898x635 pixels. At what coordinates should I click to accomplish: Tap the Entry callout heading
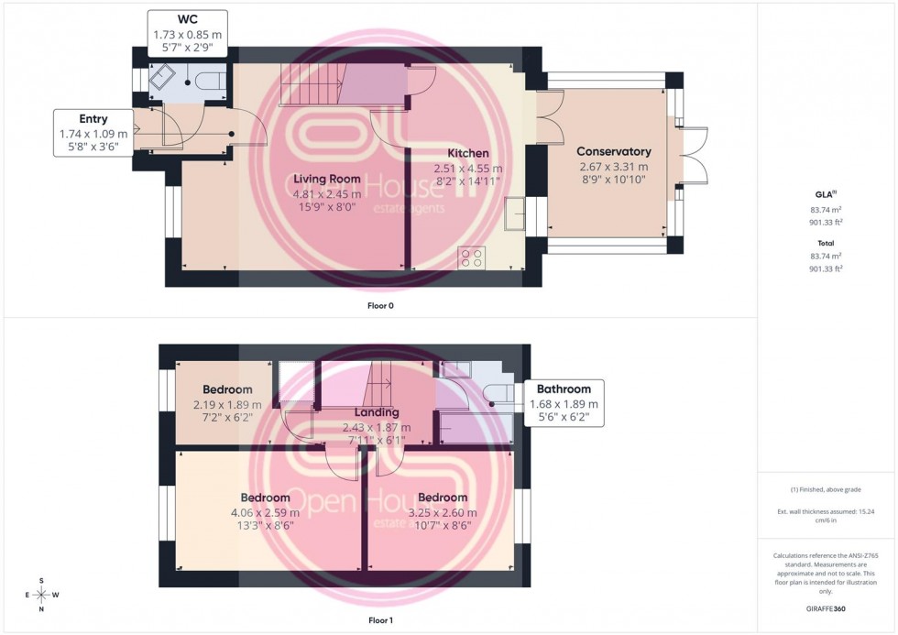tap(93, 119)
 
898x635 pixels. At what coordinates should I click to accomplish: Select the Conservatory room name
tap(613, 152)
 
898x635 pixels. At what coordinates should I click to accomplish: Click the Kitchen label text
tap(467, 153)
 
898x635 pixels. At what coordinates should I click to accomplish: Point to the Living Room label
tap(326, 179)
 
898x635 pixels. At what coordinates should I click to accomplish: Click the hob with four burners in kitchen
tap(472, 258)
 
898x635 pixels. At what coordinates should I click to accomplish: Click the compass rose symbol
tap(42, 595)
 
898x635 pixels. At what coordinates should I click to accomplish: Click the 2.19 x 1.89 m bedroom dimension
tap(227, 404)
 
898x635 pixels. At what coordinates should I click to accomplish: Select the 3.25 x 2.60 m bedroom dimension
tap(443, 512)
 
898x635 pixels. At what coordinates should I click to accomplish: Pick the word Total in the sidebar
tap(827, 243)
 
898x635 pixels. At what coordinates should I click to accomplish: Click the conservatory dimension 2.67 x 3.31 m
tap(613, 167)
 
